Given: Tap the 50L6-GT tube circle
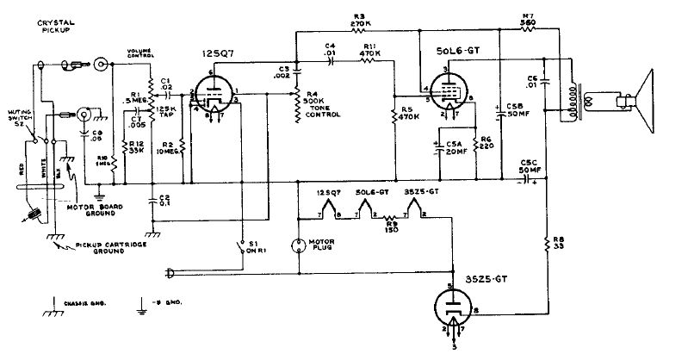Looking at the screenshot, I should [448, 91].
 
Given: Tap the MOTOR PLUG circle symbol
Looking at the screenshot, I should [298, 244].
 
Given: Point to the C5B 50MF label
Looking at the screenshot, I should [518, 109].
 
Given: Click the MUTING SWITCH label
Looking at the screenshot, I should [20, 118].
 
